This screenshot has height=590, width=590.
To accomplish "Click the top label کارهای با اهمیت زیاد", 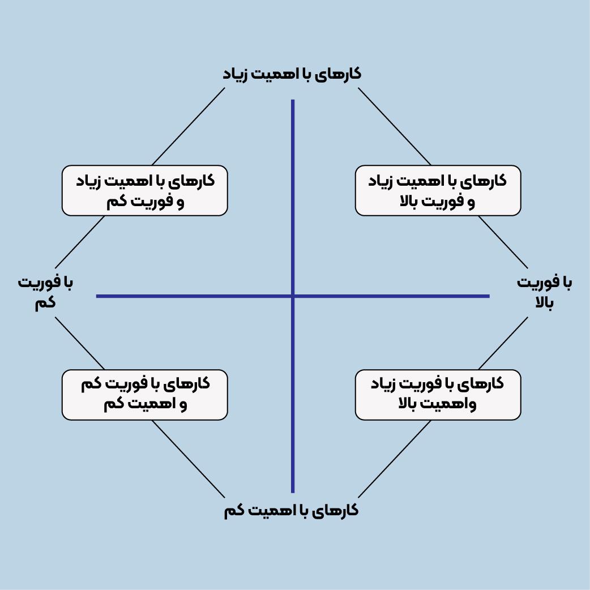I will tap(291, 74).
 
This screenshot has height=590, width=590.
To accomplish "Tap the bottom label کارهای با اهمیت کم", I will tap(291, 510).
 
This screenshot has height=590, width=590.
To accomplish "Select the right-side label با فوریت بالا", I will tap(544, 293).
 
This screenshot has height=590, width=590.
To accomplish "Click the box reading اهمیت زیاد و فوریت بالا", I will tap(438, 191).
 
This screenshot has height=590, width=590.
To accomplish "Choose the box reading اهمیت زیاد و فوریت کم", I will tap(144, 191).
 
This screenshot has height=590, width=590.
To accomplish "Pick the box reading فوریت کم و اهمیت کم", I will tap(144, 395).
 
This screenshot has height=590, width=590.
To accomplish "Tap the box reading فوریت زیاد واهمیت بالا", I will tap(438, 395).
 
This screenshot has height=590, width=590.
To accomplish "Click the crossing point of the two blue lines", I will tap(293, 296).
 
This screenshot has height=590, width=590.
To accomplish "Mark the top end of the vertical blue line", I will tap(293, 101).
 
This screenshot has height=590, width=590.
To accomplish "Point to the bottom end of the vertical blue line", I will tap(293, 491).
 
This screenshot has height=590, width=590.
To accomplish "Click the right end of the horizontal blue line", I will tap(488, 296).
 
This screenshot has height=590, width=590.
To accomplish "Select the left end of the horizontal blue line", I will tap(98, 296).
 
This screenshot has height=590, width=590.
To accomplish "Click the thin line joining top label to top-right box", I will tap(395, 126).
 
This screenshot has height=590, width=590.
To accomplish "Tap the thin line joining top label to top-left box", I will tap(189, 126).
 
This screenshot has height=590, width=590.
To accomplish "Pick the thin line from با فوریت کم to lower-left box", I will tap(80, 343).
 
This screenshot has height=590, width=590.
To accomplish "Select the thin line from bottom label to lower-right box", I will tap(395, 459).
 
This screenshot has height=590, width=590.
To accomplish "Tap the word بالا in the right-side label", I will tap(544, 303).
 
